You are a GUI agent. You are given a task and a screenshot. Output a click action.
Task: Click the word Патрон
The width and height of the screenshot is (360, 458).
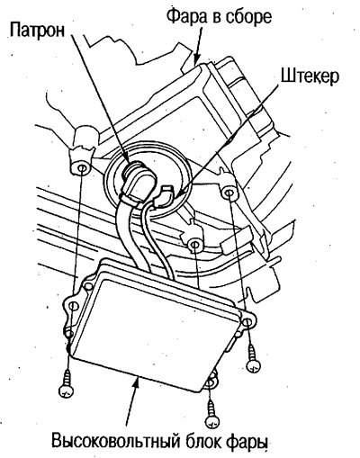coord(37,31)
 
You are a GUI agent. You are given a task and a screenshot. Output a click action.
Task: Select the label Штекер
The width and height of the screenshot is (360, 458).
coord(310,76)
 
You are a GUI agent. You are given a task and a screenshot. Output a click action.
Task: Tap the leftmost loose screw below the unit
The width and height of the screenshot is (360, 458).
coord(67,384)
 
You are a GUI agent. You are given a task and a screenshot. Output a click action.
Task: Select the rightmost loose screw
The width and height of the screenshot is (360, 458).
coord(253,359)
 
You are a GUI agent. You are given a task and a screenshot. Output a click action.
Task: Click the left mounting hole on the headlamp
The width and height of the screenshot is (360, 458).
coord(81,168)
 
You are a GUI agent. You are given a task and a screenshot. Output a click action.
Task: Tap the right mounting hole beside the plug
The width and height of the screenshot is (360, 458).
coord(228,192)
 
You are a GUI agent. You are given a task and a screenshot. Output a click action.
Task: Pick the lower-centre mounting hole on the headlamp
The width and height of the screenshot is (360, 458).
coord(194,245)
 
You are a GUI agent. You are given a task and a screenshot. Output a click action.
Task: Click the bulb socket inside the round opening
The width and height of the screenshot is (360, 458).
coord(135,179)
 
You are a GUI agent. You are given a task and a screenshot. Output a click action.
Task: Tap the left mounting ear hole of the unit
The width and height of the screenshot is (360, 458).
coord(72,306)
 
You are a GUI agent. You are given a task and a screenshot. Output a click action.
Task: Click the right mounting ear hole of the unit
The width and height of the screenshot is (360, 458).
coord(247,322)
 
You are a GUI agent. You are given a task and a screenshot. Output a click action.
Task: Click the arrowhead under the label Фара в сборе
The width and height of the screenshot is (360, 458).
coord(195,59)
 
